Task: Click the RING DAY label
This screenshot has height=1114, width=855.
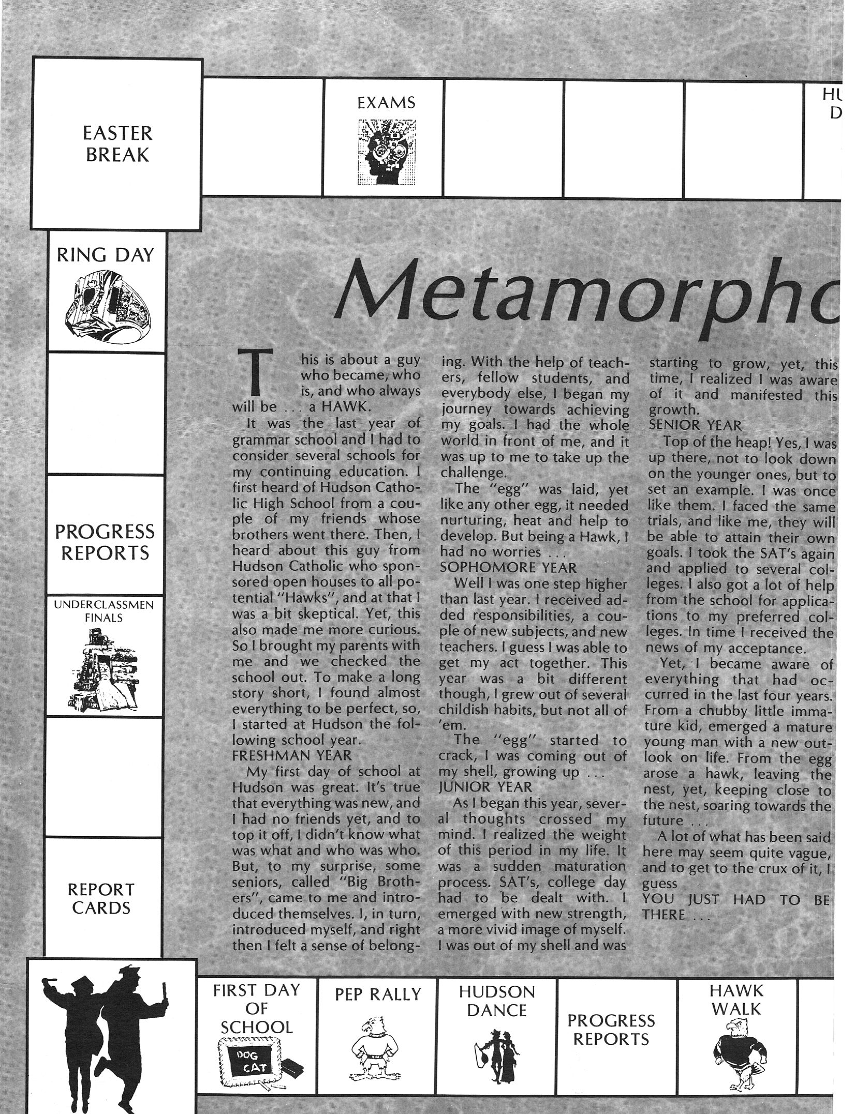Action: pyautogui.click(x=106, y=255)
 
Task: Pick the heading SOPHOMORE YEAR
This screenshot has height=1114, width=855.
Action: pyautogui.click(x=508, y=567)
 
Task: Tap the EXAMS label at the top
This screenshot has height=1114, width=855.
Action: pyautogui.click(x=386, y=103)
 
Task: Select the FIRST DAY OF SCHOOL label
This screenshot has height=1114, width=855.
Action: pyautogui.click(x=257, y=1008)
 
